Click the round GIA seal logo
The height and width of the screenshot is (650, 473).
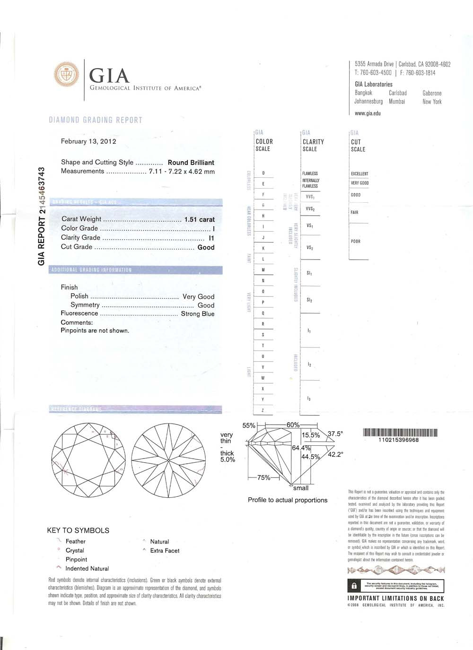67,75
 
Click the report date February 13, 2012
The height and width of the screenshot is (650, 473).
88,141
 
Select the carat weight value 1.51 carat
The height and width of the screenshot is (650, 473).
199,219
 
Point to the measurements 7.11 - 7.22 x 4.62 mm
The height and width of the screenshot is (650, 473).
182,172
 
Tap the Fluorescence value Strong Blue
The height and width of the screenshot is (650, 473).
198,314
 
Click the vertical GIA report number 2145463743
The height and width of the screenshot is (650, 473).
42,216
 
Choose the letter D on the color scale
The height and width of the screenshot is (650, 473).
263,173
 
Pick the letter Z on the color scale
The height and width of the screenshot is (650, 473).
263,410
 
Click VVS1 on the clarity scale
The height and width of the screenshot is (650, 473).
310,197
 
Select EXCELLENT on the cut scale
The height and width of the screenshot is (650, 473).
359,174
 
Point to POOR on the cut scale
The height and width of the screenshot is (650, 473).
356,242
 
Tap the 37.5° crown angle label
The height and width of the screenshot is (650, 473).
335,433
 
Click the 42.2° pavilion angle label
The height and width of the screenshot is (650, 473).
335,455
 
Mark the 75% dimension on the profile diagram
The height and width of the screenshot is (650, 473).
263,477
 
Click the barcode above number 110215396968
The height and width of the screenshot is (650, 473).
400,432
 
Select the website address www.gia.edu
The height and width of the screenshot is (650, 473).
368,113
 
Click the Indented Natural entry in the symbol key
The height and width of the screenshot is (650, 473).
87,569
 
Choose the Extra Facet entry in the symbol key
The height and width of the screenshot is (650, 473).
165,551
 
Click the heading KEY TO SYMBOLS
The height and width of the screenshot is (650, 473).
78,530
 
